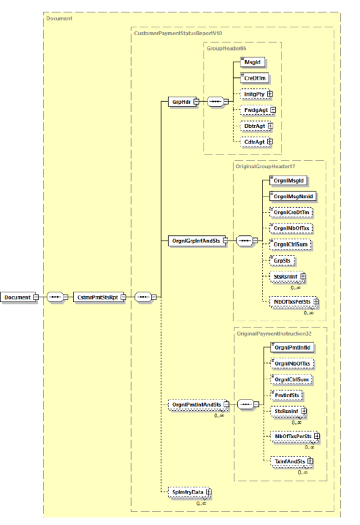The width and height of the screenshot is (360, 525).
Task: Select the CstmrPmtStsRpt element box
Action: (98, 297)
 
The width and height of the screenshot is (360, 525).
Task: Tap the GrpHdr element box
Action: (179, 102)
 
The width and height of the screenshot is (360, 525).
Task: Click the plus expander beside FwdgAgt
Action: (273, 109)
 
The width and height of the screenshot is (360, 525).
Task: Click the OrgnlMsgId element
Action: (289, 180)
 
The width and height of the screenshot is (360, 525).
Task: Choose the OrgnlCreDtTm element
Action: (292, 213)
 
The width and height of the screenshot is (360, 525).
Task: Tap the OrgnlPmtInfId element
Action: (292, 347)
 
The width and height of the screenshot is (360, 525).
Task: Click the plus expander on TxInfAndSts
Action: (310, 461)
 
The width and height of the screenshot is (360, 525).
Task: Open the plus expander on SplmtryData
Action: (209, 492)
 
